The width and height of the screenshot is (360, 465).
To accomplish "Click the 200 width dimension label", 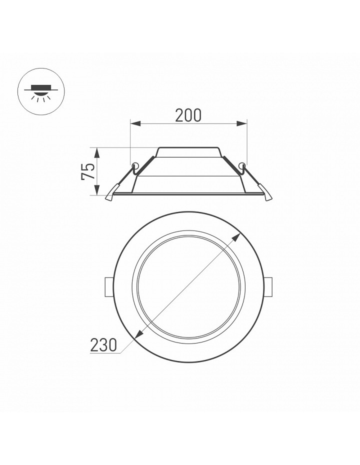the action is coord(188,115).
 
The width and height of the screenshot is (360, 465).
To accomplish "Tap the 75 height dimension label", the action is coord(88,171).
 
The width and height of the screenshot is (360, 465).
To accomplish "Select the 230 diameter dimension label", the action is coord(103,345).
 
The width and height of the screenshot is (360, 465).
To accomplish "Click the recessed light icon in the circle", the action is coord(41,91).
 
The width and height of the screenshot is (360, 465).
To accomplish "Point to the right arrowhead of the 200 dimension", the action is coord(241,123).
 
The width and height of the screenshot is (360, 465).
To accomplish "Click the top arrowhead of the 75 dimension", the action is coord(97,153).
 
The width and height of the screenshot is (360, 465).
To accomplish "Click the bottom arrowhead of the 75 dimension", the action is coord(97,190).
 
